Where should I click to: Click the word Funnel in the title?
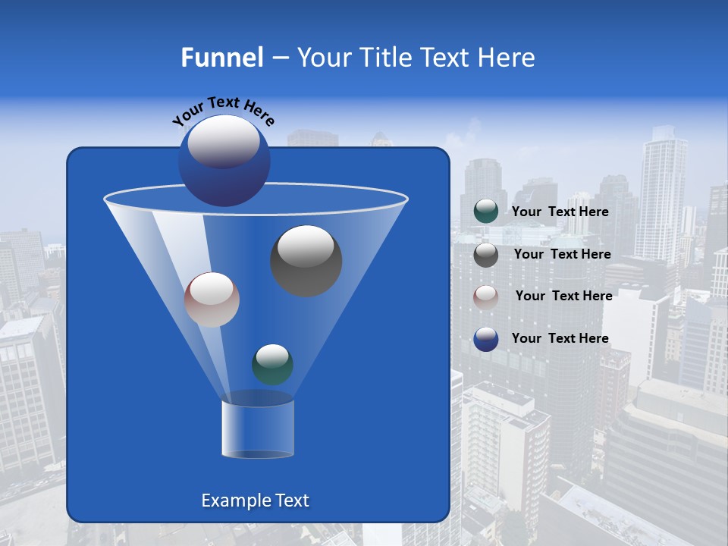221,58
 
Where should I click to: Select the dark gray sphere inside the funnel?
306,260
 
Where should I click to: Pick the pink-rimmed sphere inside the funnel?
212,300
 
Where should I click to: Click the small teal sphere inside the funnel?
272,364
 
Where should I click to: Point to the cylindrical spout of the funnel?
258,429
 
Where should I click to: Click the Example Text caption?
255,500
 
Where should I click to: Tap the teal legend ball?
485,212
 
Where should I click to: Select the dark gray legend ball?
485,254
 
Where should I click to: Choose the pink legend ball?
485,297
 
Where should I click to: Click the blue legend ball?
485,338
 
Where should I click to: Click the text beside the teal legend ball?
560,212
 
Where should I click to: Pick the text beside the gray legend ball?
562,254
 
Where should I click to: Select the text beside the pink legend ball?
563,296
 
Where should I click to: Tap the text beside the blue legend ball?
560,338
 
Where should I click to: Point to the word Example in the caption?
230,500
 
